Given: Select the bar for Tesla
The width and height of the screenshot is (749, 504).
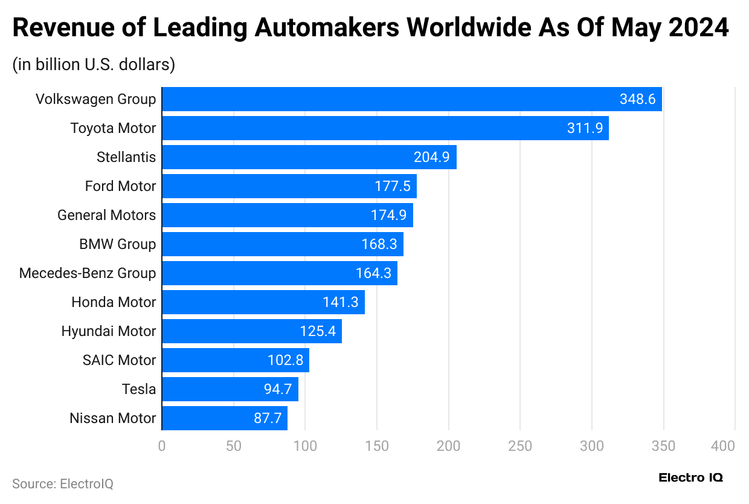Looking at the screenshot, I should click(230, 389).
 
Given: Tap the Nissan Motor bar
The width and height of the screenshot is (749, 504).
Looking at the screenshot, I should click(224, 418).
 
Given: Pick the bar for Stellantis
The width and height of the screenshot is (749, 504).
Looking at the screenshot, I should click(309, 157).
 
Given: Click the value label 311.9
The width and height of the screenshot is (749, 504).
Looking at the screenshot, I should click(585, 128).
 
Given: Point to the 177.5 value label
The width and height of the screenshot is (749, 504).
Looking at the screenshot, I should click(392, 186).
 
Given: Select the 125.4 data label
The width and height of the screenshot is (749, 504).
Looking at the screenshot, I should click(318, 331).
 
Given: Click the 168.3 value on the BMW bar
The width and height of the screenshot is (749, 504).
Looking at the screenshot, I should click(379, 244).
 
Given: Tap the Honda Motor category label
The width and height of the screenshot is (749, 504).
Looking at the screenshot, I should click(114, 302).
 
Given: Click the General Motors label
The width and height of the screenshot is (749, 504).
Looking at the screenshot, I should click(106, 215).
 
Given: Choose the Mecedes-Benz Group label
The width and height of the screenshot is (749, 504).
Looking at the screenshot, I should click(88, 273).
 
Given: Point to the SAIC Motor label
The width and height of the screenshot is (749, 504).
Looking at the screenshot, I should click(119, 360).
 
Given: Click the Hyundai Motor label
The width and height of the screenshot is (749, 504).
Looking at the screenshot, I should click(109, 331).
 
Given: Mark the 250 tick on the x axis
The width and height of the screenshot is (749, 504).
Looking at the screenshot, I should click(520, 446).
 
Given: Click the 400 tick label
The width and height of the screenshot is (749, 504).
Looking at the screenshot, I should click(723, 446).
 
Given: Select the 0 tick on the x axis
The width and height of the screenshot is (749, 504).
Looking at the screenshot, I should click(161, 446).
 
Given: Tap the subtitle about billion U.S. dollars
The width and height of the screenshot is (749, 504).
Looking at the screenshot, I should click(94, 65).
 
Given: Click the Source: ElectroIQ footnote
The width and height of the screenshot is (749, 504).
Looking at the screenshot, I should click(63, 483).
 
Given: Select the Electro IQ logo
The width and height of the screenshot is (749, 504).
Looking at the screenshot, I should click(690, 477).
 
